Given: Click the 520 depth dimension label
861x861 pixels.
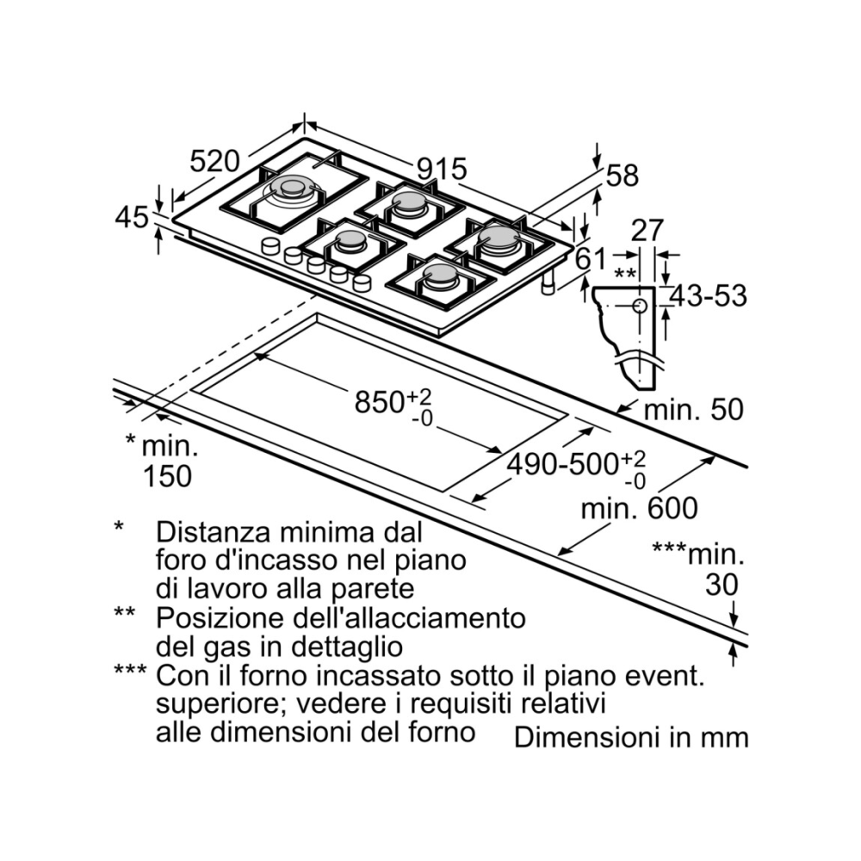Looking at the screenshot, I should coord(214,161).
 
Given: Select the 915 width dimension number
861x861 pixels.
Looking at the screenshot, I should coord(441,169).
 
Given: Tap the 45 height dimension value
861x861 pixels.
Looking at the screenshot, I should coord(132,218).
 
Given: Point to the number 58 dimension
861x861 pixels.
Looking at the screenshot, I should coord(623,176).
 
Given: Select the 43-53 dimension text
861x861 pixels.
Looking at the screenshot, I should coord(708,295).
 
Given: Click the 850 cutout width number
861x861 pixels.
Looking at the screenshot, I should coord(380,400).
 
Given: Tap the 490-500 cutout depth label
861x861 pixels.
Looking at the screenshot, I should coord(561,464).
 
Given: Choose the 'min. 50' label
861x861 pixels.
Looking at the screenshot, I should coord(693,410).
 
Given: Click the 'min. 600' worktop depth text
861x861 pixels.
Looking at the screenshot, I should coord(639,508).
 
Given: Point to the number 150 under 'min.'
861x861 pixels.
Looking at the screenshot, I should coord(167,475).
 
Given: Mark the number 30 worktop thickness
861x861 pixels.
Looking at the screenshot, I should coord(722,585).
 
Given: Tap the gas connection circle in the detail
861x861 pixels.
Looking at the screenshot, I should coord(640,306).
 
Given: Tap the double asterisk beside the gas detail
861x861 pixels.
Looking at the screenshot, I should coord(627,276).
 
